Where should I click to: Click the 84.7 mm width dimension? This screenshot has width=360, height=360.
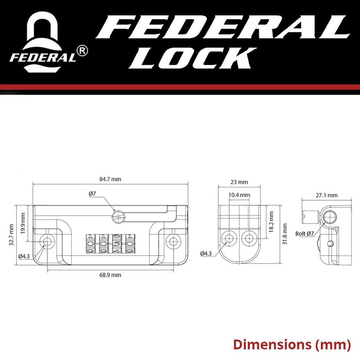coord(110,179)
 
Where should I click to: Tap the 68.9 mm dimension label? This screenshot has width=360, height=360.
coord(110,274)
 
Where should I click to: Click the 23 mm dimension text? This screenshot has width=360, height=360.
coord(238,182)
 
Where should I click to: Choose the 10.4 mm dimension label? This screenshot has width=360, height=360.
coord(239,195)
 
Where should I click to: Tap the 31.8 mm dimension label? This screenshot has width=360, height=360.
coord(284,234)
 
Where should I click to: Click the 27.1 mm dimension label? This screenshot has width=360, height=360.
coord(327,195)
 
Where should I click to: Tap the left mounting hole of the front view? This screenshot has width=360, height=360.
coord(46,242)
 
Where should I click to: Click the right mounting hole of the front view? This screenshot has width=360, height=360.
coord(173,242)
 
